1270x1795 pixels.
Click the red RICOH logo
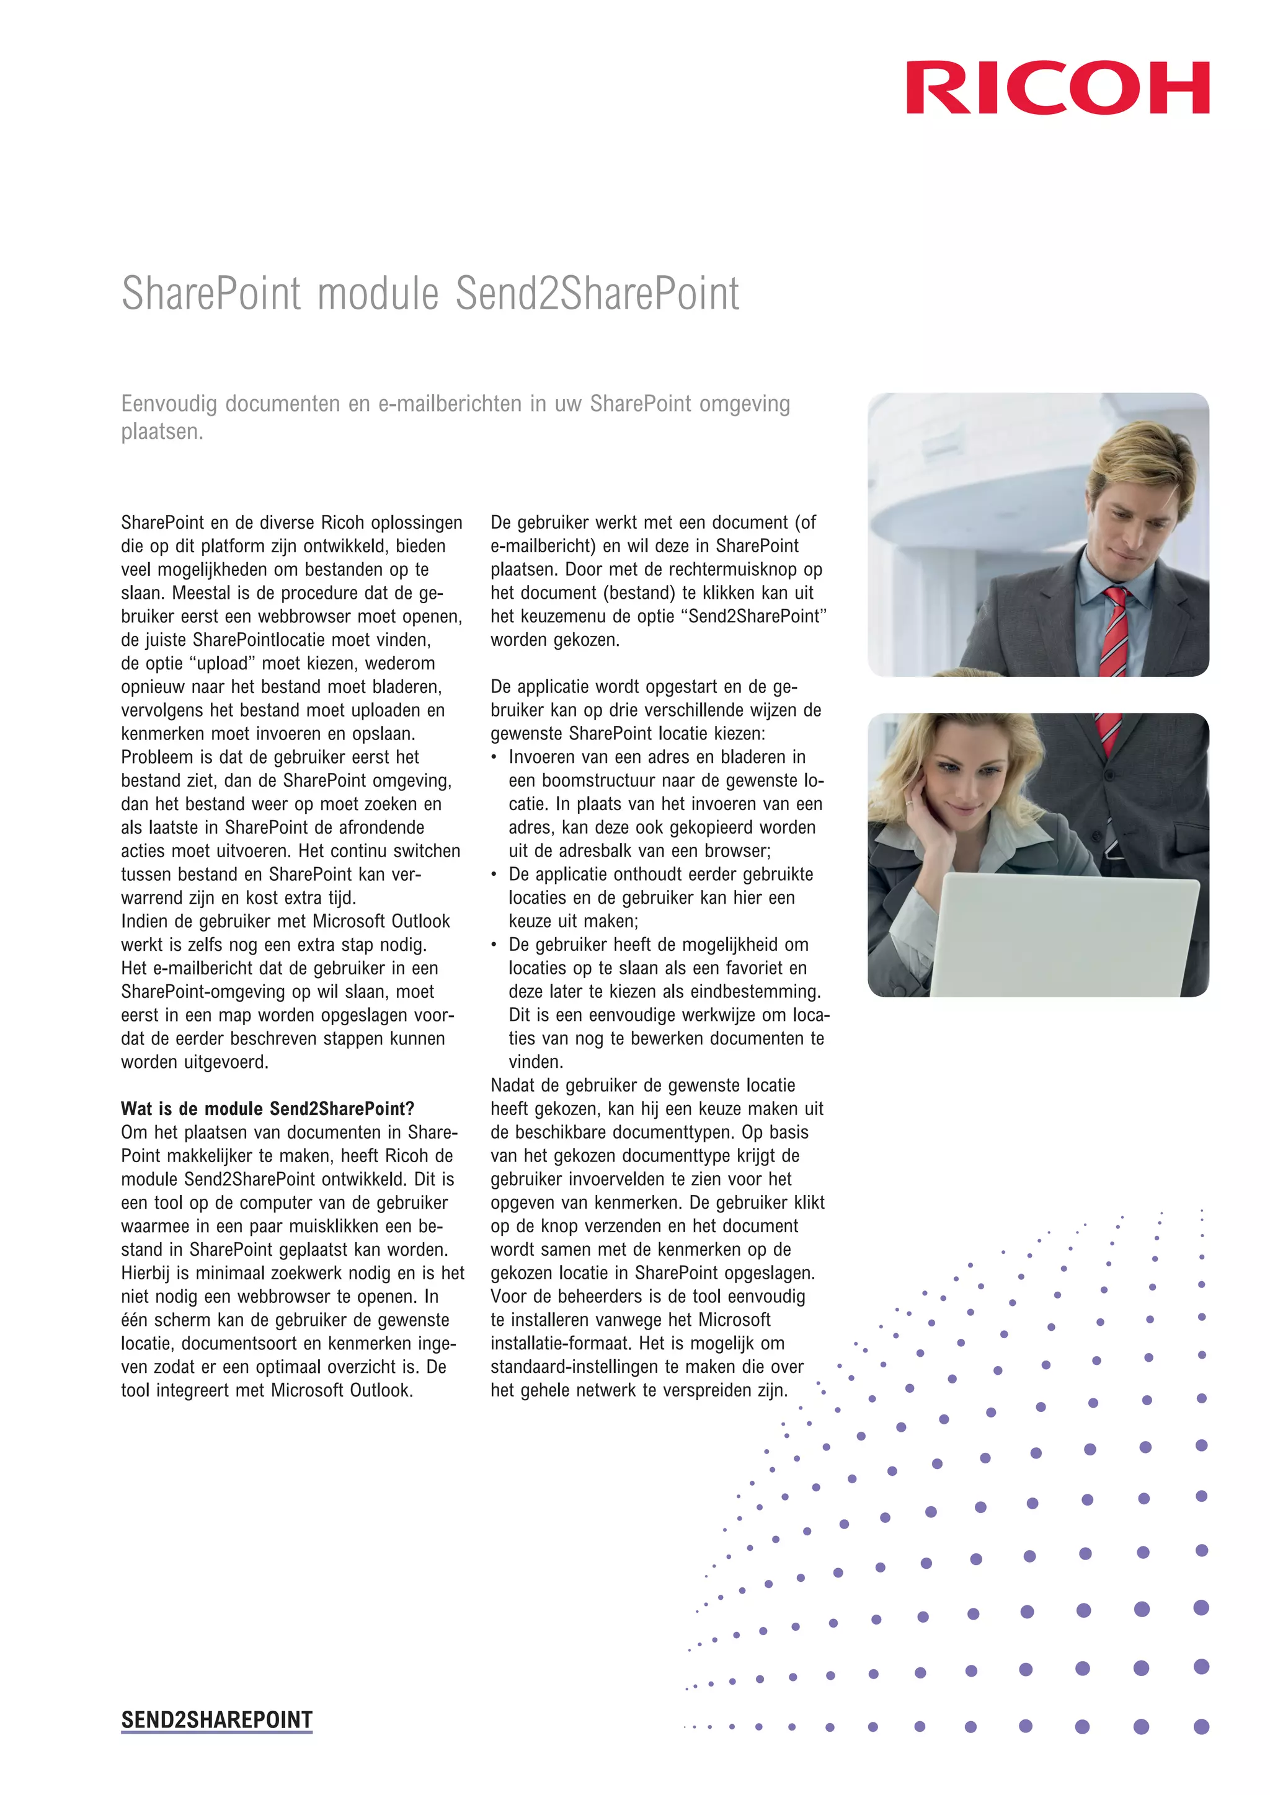[x=1057, y=87]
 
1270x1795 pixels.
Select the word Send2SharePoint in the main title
[x=597, y=295]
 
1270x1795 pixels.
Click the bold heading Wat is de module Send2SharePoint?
[x=267, y=1109]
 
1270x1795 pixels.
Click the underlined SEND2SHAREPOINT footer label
[x=216, y=1720]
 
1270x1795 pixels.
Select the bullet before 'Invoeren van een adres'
[x=494, y=757]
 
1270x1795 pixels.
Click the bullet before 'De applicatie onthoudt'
[x=494, y=875]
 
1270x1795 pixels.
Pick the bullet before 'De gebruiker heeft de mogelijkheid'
[x=494, y=945]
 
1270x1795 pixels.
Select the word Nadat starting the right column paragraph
[x=513, y=1086]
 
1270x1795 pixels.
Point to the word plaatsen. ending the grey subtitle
[x=162, y=431]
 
